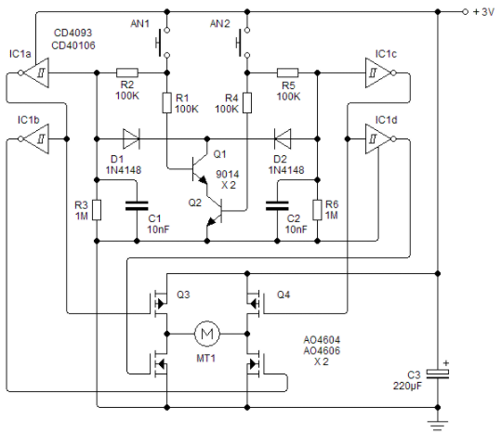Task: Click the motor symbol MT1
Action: tap(207, 334)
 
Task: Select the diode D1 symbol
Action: tap(131, 138)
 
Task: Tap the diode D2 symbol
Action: tap(283, 138)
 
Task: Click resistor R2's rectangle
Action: tap(126, 72)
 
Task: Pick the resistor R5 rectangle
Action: tap(287, 72)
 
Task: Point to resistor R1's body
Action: tap(166, 103)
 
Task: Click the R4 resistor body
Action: tap(247, 103)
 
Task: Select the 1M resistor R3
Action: tap(97, 210)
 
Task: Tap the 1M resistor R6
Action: tap(317, 210)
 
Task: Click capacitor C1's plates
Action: tap(137, 206)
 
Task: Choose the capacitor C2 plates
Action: tap(277, 206)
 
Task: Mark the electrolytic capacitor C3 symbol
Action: tap(438, 374)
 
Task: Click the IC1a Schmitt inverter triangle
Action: tap(34, 72)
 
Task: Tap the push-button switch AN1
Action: tap(163, 43)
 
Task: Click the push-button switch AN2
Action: tap(243, 43)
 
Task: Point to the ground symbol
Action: tap(438, 426)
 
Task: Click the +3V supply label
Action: tap(483, 12)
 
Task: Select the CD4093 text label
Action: tap(73, 33)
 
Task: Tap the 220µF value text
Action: tap(407, 386)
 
